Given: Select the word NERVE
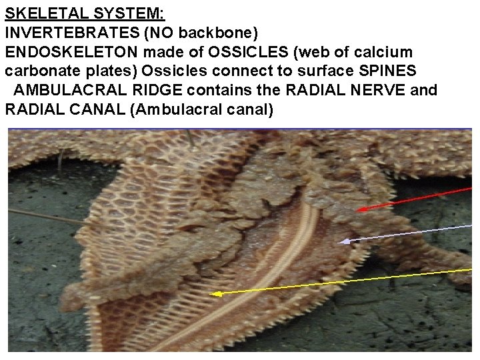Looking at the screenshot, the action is [373, 90].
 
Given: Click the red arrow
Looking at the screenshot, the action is [413, 199].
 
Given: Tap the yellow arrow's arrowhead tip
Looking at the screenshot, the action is [211, 293].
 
